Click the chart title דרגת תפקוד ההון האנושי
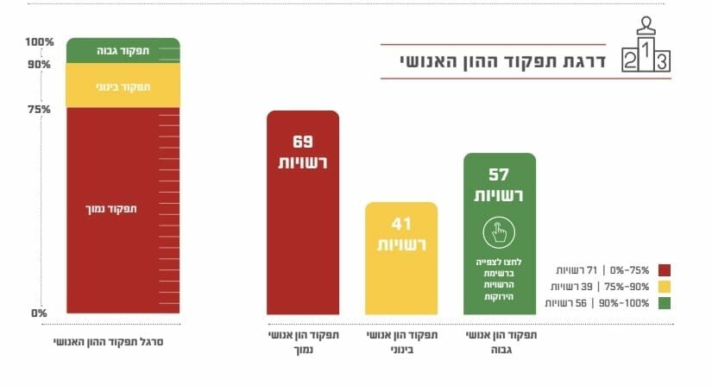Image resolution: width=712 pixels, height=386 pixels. [x=501, y=62]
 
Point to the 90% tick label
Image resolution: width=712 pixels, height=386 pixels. [x=40, y=65]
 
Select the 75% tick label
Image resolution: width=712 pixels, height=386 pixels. [x=40, y=110]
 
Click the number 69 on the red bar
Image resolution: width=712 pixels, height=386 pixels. [x=302, y=142]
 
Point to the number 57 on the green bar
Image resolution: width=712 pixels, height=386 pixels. [x=500, y=174]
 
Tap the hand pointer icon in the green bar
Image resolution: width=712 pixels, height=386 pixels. [x=500, y=231]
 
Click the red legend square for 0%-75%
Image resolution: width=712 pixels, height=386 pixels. [x=664, y=269]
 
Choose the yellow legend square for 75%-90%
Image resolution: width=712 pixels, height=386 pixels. [x=664, y=286]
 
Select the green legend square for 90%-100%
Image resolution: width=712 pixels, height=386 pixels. [x=664, y=302]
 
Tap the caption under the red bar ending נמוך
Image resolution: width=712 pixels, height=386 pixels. [x=302, y=342]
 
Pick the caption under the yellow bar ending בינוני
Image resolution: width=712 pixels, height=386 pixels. [x=401, y=342]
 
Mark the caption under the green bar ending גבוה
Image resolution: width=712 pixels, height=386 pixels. [x=500, y=342]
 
